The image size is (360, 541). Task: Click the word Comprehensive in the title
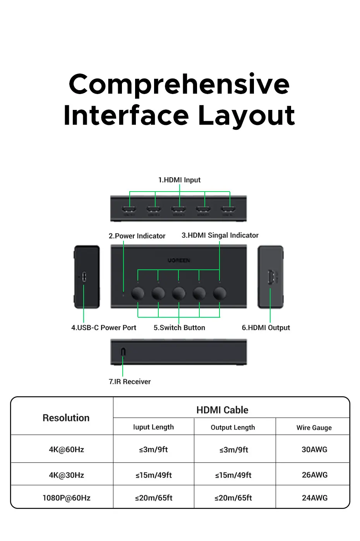coord(179,84)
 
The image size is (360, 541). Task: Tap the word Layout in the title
coord(246,116)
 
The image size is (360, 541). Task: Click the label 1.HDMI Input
coord(179,180)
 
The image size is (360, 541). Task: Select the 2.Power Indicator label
coord(137,236)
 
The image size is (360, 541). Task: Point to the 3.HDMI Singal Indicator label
coord(220,235)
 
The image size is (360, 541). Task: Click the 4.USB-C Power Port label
coord(104,328)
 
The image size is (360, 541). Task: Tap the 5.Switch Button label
coord(179,328)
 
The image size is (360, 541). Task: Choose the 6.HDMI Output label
coord(266,328)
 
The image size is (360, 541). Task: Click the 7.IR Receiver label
coord(130,382)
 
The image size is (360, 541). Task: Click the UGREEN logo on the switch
coord(179,260)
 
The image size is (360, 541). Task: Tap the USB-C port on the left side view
coord(84,277)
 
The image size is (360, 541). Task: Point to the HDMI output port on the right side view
coord(271,277)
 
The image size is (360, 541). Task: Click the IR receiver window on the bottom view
coord(123,352)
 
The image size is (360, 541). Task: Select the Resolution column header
coord(66,418)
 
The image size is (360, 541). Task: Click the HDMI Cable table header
coord(222,410)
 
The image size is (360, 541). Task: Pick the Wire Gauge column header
coord(314,428)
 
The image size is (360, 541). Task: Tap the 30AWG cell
coord(314,450)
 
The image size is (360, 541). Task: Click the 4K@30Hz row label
coord(66,475)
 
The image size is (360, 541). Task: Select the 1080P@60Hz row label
coord(66,498)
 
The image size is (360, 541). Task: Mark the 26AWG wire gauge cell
coord(314,475)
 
